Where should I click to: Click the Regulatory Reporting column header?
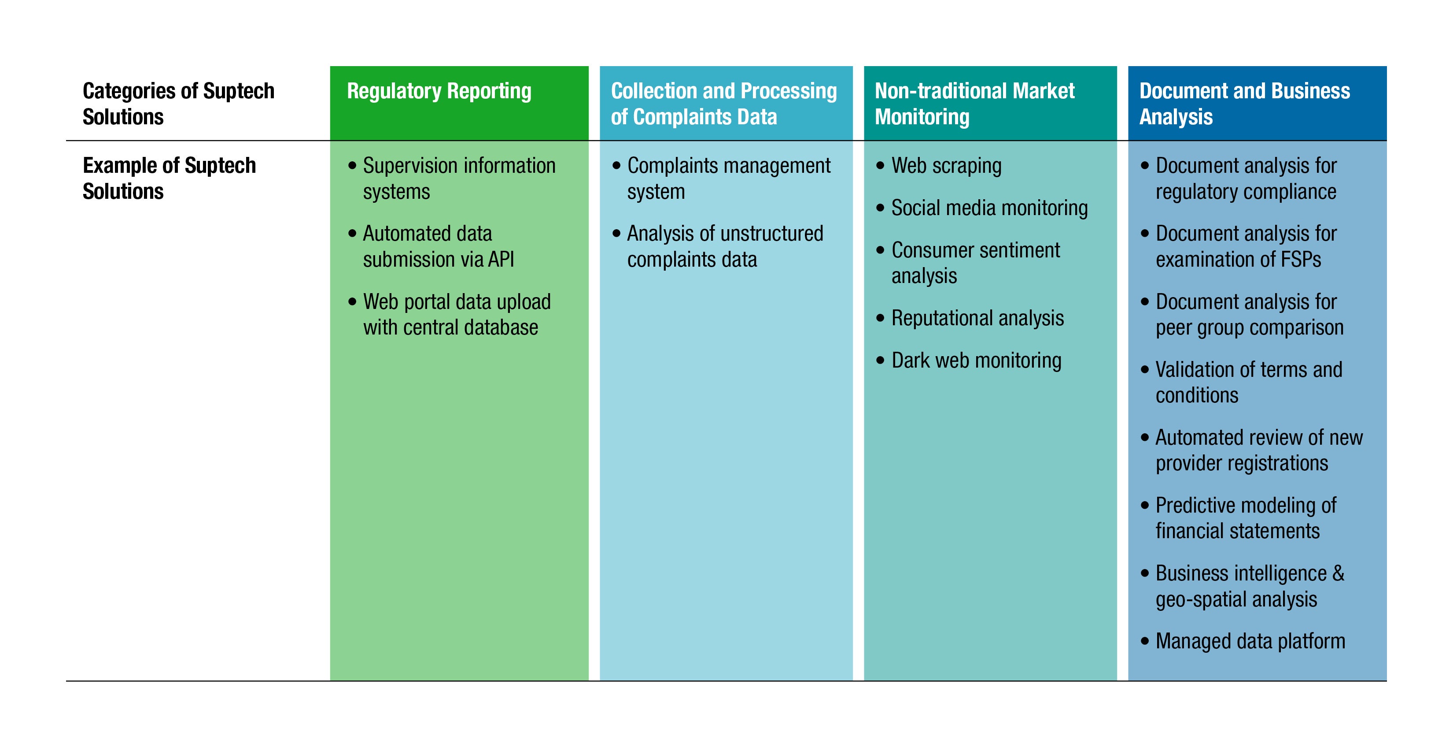pyautogui.click(x=439, y=91)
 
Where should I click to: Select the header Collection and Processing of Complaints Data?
pyautogui.click(x=724, y=104)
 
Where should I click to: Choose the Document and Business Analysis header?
pyautogui.click(x=1244, y=104)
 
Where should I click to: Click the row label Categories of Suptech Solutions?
pyautogui.click(x=178, y=104)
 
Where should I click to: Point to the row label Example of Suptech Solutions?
pyautogui.click(x=169, y=179)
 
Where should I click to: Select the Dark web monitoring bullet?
pyautogui.click(x=976, y=360)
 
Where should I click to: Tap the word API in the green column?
pyautogui.click(x=501, y=260)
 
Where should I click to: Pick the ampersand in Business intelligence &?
pyautogui.click(x=1338, y=573)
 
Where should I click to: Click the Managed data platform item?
pyautogui.click(x=1250, y=641)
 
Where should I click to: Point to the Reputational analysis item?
pyautogui.click(x=977, y=318)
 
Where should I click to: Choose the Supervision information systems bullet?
pyautogui.click(x=458, y=179)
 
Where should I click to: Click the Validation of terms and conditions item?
pyautogui.click(x=1248, y=382)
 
